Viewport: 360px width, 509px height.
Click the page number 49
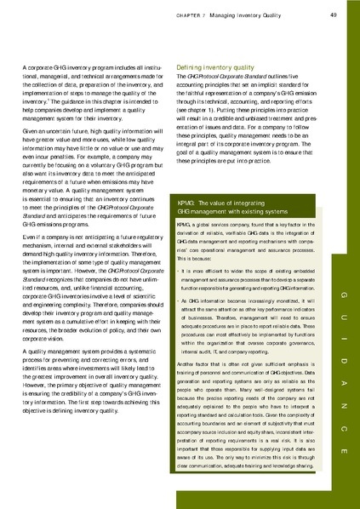tap(334, 14)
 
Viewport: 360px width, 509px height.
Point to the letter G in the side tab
tap(341, 272)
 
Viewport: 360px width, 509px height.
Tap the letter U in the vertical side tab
tap(341, 294)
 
